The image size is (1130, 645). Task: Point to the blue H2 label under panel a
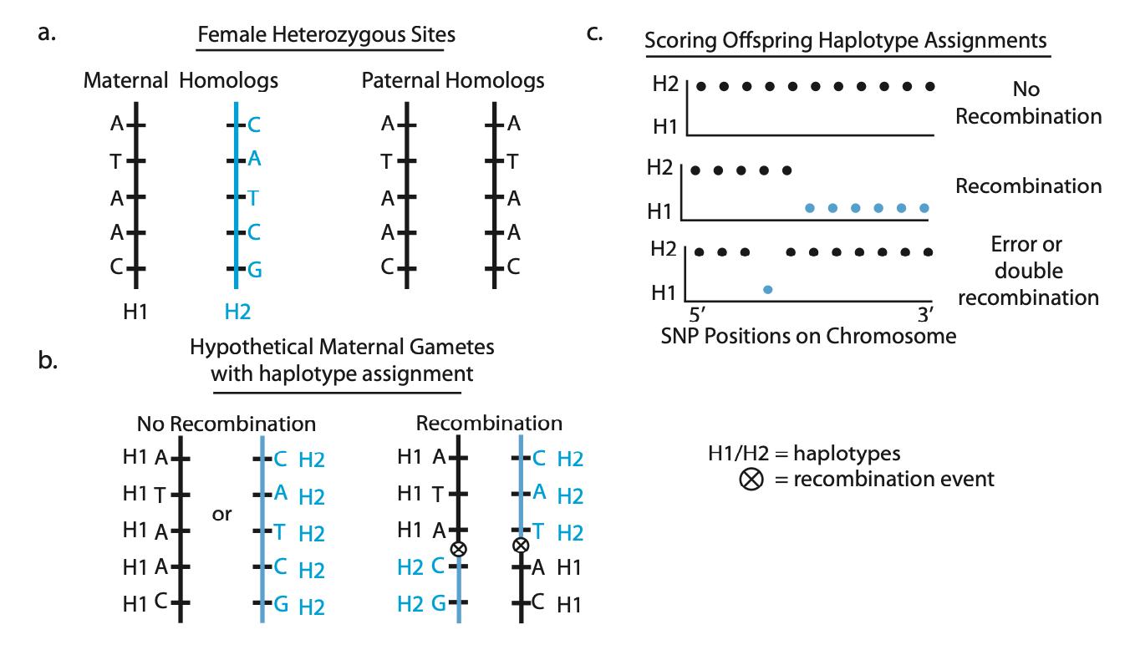237,312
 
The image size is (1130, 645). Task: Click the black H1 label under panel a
136,312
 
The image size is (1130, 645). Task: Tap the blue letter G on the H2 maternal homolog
254,268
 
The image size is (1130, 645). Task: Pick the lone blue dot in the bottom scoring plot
768,289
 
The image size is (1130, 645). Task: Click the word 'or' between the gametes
221,514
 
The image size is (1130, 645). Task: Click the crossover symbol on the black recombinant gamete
457,549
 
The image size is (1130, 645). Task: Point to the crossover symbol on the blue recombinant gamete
521,545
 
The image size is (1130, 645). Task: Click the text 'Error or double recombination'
1027,272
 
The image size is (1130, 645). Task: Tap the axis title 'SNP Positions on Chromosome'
807,336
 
